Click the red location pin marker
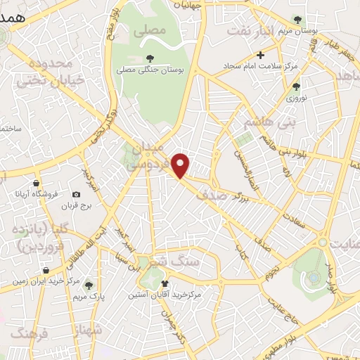(x=181, y=165)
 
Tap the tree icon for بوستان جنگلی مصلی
(x=149, y=58)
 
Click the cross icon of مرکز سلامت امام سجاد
(x=261, y=55)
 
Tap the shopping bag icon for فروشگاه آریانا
(x=20, y=193)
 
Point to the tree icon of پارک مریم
(x=89, y=285)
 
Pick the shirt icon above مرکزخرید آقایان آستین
(x=165, y=283)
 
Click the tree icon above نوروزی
(x=296, y=86)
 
